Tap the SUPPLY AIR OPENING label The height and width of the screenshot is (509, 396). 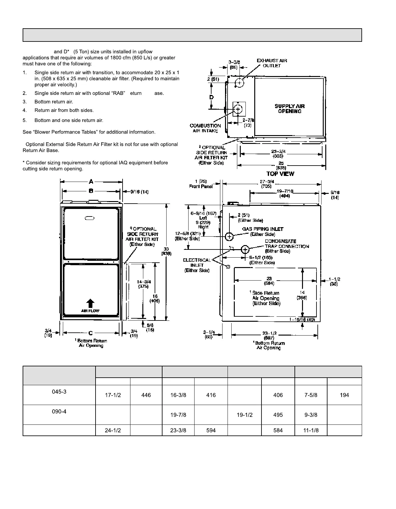pos(289,109)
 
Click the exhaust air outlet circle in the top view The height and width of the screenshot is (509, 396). pos(239,83)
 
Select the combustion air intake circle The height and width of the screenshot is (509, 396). pos(238,109)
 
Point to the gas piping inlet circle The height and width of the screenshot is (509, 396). pos(229,236)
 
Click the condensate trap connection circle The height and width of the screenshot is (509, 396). pos(245,249)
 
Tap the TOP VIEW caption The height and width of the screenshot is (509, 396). pos(280,174)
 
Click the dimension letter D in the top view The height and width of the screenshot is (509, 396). pos(212,97)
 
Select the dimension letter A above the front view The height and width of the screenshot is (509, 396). pos(91,181)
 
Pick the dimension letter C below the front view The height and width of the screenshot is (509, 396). pos(91,333)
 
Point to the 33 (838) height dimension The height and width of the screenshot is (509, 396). pos(166,251)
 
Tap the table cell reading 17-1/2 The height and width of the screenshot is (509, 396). pos(113,395)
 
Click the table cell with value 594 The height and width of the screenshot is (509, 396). pos(211,430)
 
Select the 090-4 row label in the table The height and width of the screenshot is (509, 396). pos(59,411)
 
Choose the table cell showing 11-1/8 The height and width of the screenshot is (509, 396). pos(311,430)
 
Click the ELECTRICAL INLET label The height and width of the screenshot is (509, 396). pos(197,265)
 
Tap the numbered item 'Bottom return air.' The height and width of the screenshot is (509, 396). pos(54,102)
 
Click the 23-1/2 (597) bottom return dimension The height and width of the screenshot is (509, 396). pos(270,336)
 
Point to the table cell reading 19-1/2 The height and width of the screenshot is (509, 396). pos(245,415)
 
